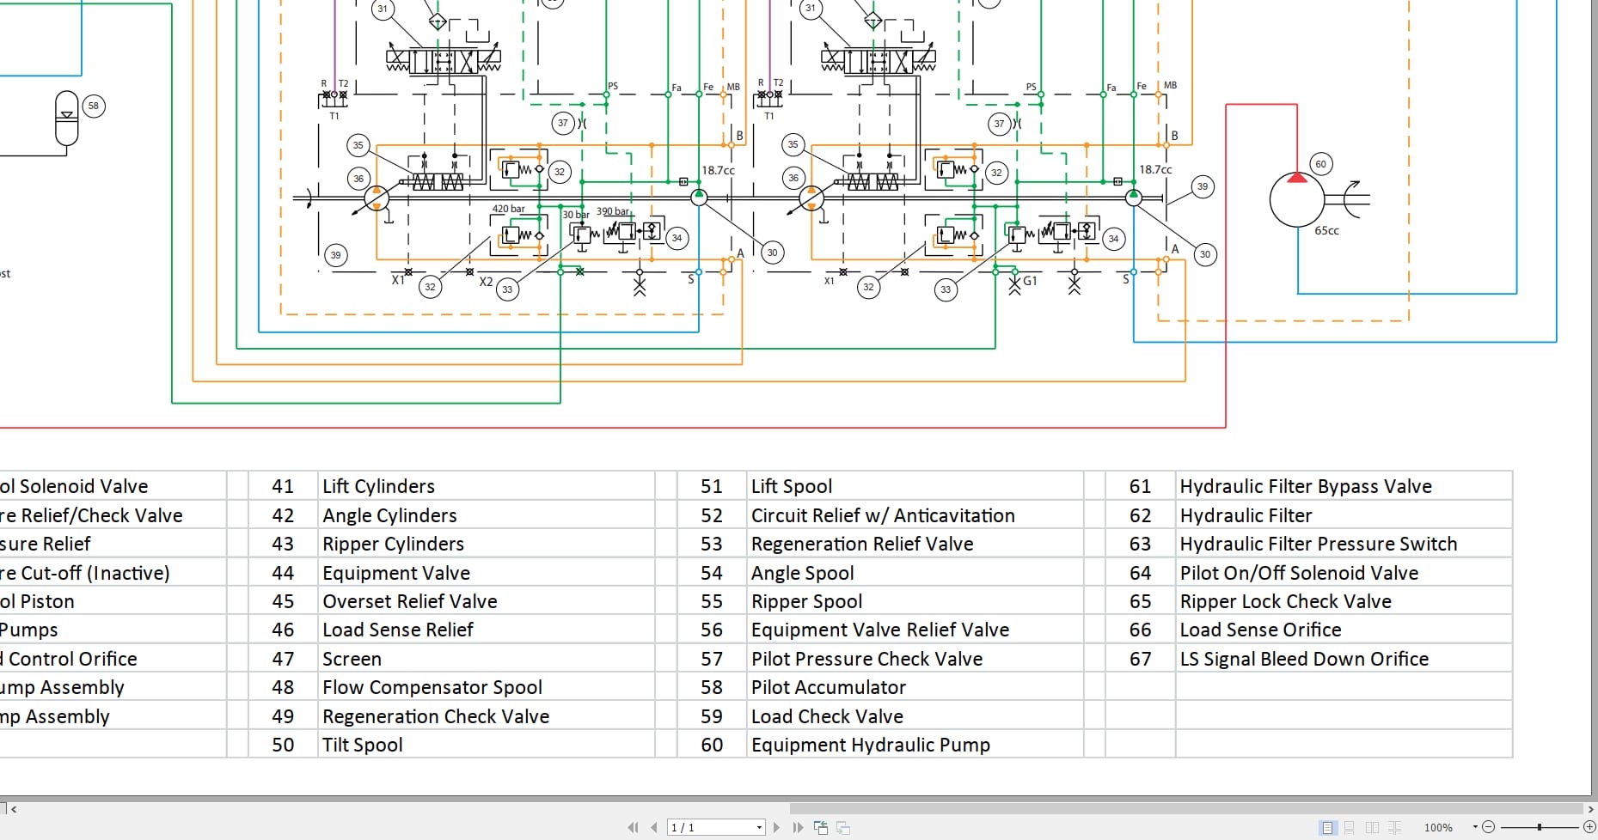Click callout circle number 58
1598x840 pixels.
(94, 107)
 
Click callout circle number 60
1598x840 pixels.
(1320, 164)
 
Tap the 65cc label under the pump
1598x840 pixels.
(1326, 231)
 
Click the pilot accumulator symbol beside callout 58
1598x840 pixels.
(66, 119)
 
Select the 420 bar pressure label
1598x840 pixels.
(508, 209)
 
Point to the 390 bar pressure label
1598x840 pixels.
(613, 211)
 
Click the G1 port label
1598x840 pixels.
(1030, 281)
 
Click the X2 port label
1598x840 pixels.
(486, 282)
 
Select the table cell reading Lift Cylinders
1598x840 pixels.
(378, 486)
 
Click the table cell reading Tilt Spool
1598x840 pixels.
(362, 745)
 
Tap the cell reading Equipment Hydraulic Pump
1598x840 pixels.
(870, 745)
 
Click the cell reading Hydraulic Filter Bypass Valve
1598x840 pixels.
(1305, 486)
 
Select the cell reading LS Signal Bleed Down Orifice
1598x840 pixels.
(1303, 659)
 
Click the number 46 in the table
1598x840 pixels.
(283, 630)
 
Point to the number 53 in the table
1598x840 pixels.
(711, 544)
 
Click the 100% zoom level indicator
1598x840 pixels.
(1438, 827)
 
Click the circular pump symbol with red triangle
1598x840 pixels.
(1296, 199)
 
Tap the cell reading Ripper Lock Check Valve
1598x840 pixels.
(1285, 601)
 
